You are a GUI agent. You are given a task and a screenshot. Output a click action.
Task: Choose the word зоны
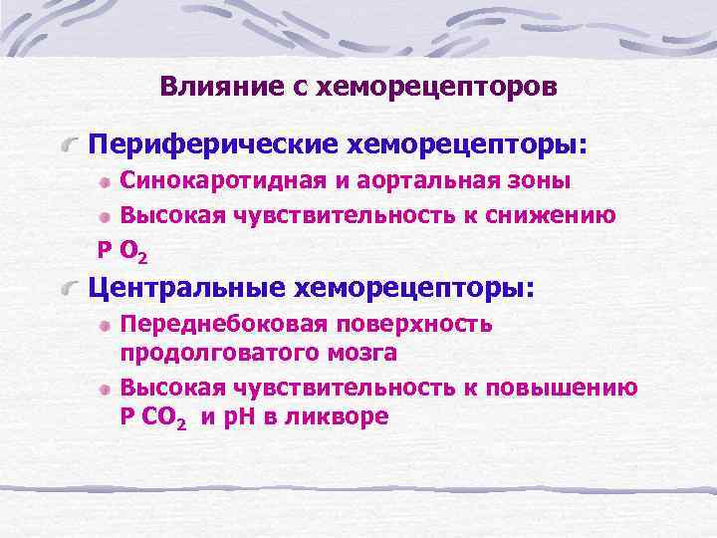(x=540, y=182)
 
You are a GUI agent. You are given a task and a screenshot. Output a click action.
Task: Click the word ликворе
(x=339, y=417)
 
